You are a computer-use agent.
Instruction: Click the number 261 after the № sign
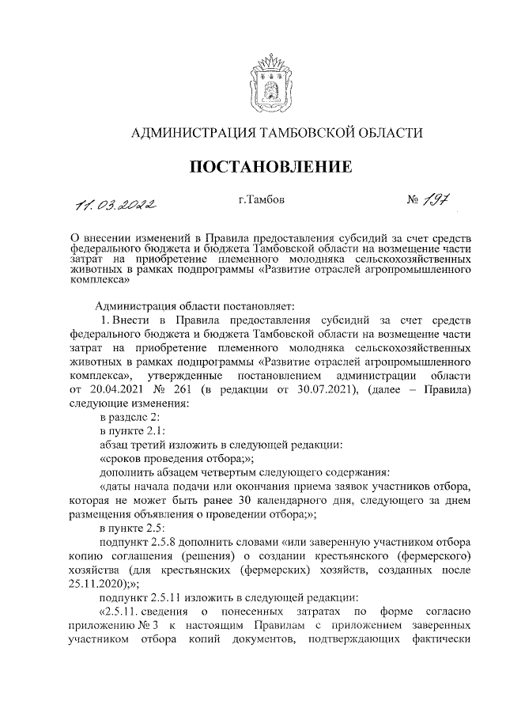pos(182,390)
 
